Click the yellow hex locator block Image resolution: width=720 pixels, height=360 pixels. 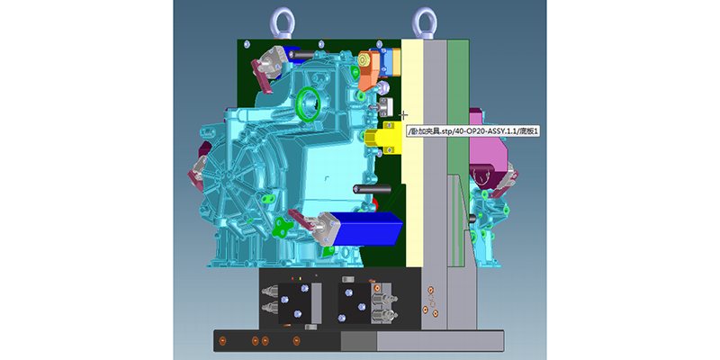point(383,138)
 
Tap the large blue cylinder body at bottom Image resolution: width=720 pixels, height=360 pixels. point(367,228)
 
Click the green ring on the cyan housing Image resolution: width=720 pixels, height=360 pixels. point(308,103)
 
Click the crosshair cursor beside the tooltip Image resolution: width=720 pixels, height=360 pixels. point(403,115)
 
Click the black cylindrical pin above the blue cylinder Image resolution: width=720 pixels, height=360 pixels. point(372,189)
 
